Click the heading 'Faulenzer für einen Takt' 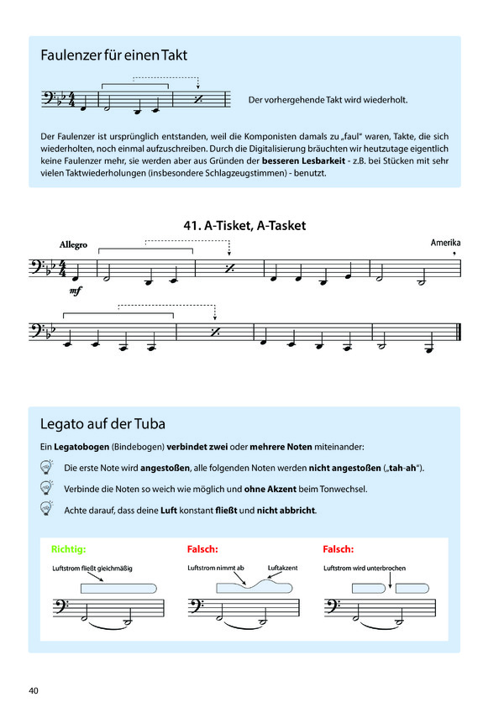pos(113,56)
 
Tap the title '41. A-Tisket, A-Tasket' pos(244,225)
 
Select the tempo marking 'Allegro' pos(73,244)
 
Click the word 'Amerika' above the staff pos(445,242)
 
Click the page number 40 pos(34,690)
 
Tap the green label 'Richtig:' pos(68,549)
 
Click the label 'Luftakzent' pos(282,568)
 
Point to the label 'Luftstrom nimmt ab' pos(215,568)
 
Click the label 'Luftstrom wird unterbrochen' pos(364,568)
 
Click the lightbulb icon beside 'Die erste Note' pos(46,467)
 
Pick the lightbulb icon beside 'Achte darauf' pos(46,509)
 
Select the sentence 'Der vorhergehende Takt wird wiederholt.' pos(328,101)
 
